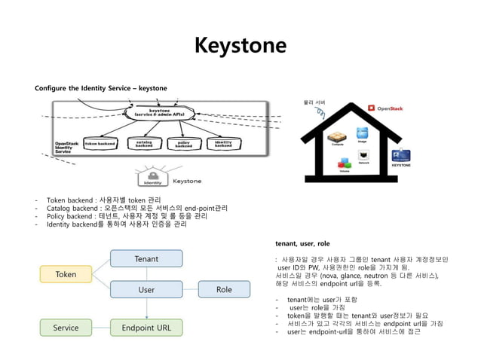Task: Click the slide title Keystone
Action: (x=240, y=46)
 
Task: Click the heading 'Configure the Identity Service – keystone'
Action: (x=101, y=89)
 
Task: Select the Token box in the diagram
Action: (x=66, y=274)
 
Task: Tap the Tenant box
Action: (x=146, y=259)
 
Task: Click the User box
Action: (x=146, y=289)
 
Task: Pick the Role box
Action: (x=224, y=289)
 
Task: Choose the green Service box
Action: (x=66, y=328)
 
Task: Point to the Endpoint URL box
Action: (x=146, y=328)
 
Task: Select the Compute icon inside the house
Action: (x=337, y=137)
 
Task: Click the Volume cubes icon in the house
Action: (x=344, y=163)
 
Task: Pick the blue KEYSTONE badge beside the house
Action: (x=401, y=155)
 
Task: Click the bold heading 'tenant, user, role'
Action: (x=302, y=244)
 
